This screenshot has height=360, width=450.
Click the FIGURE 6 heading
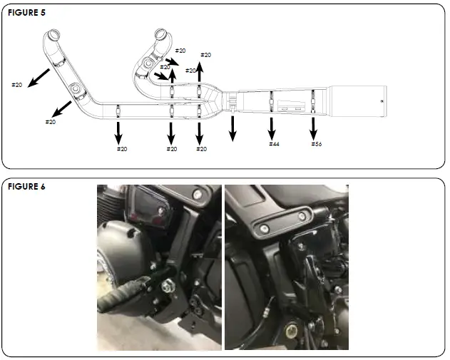tap(26, 187)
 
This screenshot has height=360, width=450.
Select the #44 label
tap(274, 144)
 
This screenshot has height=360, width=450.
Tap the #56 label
tap(316, 144)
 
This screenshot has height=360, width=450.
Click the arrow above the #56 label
tap(313, 128)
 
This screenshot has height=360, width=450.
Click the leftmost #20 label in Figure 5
tap(17, 85)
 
